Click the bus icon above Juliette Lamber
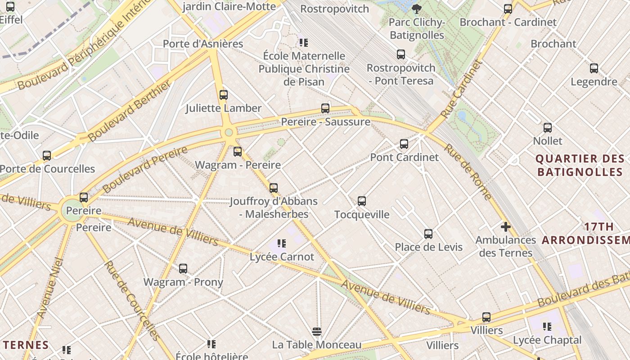[x=223, y=95]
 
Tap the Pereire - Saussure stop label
[x=325, y=121]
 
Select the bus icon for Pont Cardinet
[x=404, y=144]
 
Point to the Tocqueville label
[x=362, y=214]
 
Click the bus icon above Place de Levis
[x=428, y=234]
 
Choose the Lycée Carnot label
[x=282, y=256]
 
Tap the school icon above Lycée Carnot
[x=282, y=243]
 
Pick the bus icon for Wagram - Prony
[x=183, y=269]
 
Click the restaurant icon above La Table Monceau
[x=317, y=332]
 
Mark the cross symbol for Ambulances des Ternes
[x=506, y=227]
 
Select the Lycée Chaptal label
[x=547, y=340]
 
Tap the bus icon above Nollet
[x=547, y=128]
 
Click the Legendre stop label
[x=594, y=81]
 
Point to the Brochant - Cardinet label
[x=508, y=22]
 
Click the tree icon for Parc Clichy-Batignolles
[x=417, y=9]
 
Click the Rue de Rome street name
[x=468, y=171]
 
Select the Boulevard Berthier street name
[x=130, y=111]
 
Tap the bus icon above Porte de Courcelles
[x=47, y=156]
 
